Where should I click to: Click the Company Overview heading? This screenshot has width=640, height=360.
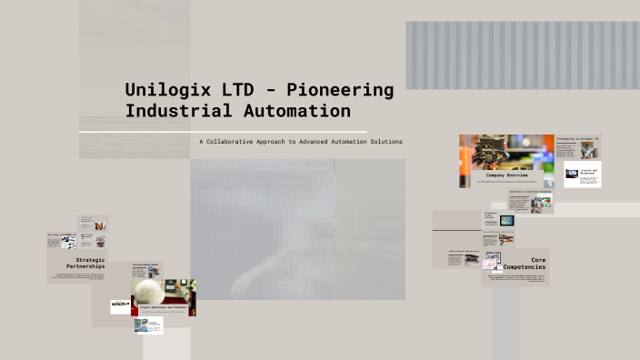(x=507, y=175)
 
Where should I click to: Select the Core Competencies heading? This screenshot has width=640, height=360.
(x=527, y=265)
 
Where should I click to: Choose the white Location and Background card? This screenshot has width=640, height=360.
(x=583, y=174)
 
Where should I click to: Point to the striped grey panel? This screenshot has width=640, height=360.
(x=522, y=55)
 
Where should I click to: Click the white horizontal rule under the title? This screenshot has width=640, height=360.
(x=222, y=132)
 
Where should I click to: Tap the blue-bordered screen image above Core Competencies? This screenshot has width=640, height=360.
(x=505, y=221)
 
